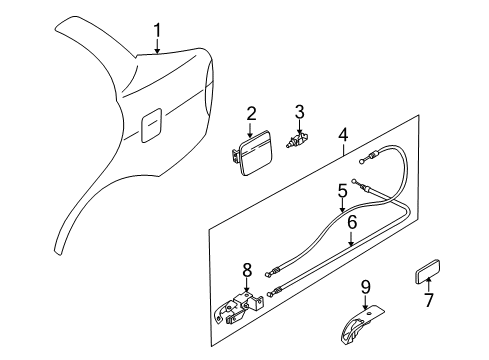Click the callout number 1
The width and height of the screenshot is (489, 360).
coord(156,29)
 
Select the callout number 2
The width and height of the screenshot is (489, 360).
coord(252,114)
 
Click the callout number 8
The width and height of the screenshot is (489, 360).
coord(247,267)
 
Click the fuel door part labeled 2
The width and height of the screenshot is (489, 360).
coord(254,154)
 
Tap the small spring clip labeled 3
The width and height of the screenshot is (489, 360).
coord(298,143)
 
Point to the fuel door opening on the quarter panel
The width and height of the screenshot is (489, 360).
coord(152,125)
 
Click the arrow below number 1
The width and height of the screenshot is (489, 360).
coord(156,44)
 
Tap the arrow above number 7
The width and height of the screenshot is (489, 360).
coord(429,286)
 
